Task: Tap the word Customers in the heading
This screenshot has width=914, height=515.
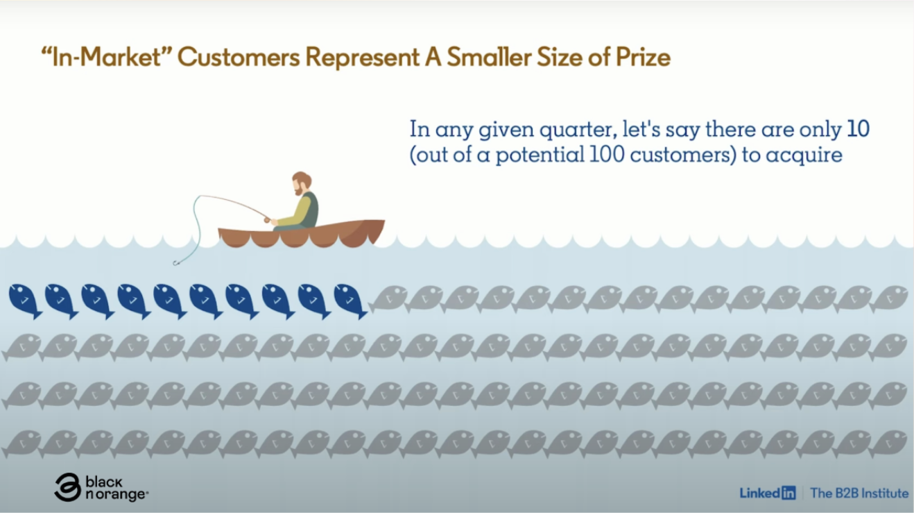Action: coord(239,57)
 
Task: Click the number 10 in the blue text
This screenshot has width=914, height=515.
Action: coord(858,129)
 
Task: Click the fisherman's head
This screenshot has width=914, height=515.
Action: coord(302,183)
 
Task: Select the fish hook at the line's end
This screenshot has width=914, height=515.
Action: coord(176,263)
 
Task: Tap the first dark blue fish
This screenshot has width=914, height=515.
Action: coord(25,301)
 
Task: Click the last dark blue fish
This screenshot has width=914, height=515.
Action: coord(350,301)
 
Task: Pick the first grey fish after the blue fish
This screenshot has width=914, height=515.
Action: coord(388,298)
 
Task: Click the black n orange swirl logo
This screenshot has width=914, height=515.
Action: coord(67,487)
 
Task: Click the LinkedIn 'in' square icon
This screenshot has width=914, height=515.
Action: coord(788,493)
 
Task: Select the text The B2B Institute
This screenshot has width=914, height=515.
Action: coord(859,493)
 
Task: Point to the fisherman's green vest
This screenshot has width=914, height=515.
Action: coord(310,210)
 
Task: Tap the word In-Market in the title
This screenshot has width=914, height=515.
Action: coord(107,57)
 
